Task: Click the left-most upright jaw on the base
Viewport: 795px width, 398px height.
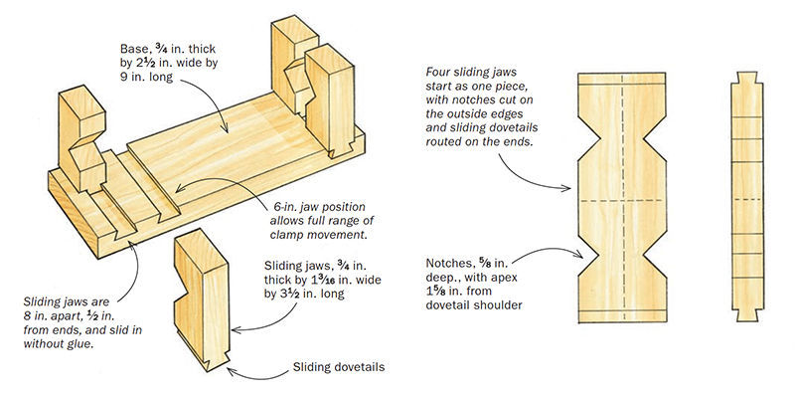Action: [80, 139]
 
